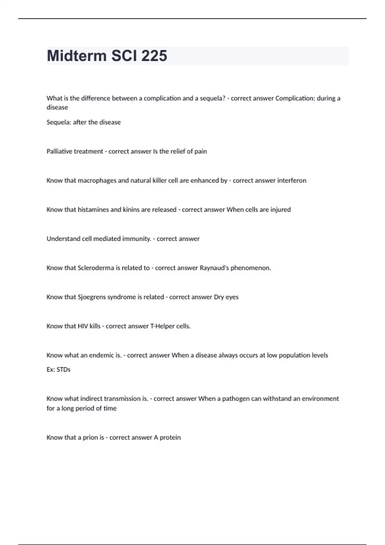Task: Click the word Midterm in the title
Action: coord(77,56)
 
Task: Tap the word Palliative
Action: coord(59,151)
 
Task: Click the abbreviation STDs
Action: coord(63,370)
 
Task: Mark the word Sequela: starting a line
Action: coord(59,122)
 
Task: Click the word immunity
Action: coord(138,239)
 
